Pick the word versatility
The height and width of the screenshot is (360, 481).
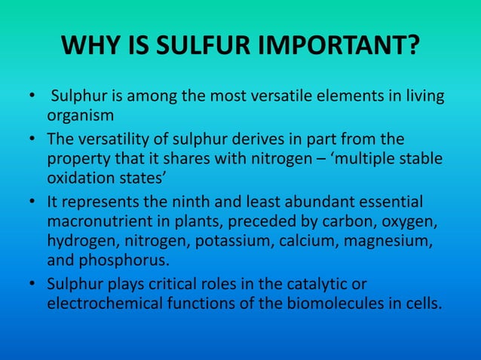pos(112,139)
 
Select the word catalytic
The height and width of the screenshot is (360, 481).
pos(333,285)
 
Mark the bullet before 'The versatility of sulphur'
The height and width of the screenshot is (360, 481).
pos(32,140)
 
